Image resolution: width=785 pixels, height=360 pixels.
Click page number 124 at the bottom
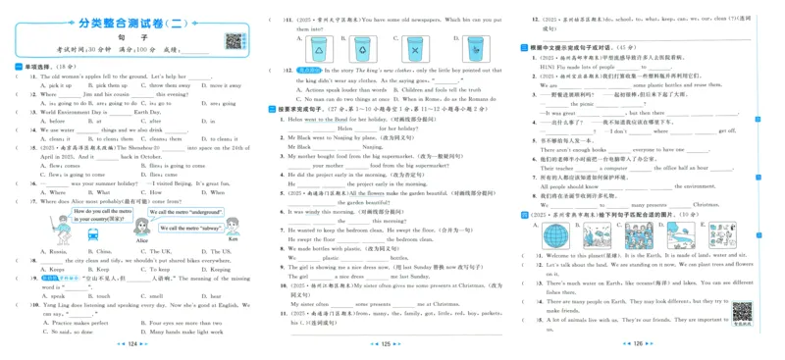point(134,344)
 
